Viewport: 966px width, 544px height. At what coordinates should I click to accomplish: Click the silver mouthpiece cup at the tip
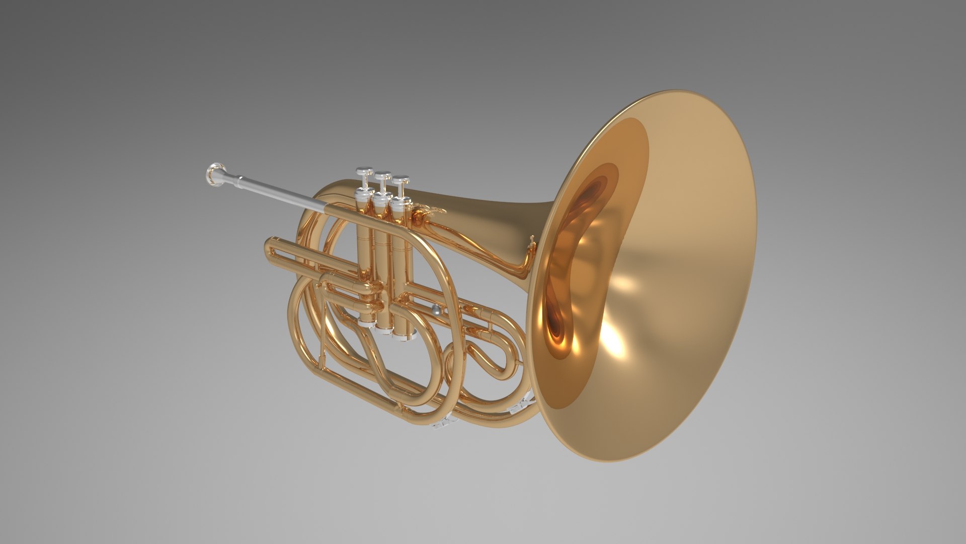pos(215,175)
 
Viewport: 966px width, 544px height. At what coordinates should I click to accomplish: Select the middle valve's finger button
pos(383,176)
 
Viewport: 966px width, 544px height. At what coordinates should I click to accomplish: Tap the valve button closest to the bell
pos(400,180)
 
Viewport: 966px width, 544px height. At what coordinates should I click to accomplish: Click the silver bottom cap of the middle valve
pos(385,330)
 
